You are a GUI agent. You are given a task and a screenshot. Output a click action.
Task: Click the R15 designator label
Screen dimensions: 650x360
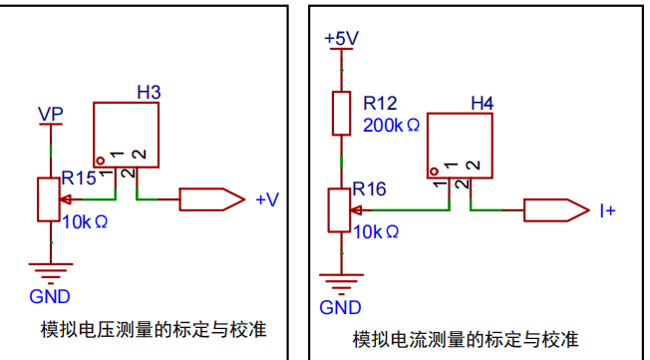[79, 178]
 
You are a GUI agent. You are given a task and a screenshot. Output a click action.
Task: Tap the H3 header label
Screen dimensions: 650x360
[149, 92]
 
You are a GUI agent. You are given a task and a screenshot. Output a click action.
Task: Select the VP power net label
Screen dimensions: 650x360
[51, 114]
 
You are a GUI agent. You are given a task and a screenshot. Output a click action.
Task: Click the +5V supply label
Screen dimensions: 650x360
[342, 38]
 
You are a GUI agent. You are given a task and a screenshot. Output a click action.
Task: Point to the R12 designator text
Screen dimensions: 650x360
[380, 103]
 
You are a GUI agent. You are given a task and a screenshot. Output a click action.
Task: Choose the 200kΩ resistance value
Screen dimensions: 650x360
[392, 125]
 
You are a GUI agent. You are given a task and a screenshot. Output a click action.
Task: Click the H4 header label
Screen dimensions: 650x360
[483, 103]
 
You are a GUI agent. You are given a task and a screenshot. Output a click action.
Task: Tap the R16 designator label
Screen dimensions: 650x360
[369, 188]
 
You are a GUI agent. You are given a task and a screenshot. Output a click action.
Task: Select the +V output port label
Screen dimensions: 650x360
[268, 199]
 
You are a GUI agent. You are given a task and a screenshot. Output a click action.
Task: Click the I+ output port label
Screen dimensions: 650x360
[608, 210]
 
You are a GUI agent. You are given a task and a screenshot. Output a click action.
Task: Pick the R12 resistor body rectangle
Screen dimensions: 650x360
[342, 114]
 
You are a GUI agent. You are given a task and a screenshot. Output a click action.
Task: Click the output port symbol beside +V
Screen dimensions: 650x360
[211, 199]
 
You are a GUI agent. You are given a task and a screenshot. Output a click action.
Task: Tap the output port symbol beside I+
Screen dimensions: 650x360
[556, 210]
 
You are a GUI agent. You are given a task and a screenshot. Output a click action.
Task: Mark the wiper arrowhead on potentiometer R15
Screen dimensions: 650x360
[65, 199]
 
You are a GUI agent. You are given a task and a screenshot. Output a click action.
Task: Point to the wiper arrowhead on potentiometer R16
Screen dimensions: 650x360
[356, 210]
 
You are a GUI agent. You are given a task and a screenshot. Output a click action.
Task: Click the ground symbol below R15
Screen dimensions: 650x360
[51, 273]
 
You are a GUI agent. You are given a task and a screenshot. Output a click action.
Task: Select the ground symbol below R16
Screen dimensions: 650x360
[342, 284]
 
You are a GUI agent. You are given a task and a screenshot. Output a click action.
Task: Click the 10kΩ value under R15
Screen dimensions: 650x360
[85, 222]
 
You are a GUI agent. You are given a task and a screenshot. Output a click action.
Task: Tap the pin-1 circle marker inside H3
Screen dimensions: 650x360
[100, 161]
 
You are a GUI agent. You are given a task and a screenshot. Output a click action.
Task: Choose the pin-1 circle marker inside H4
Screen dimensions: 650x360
[434, 172]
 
